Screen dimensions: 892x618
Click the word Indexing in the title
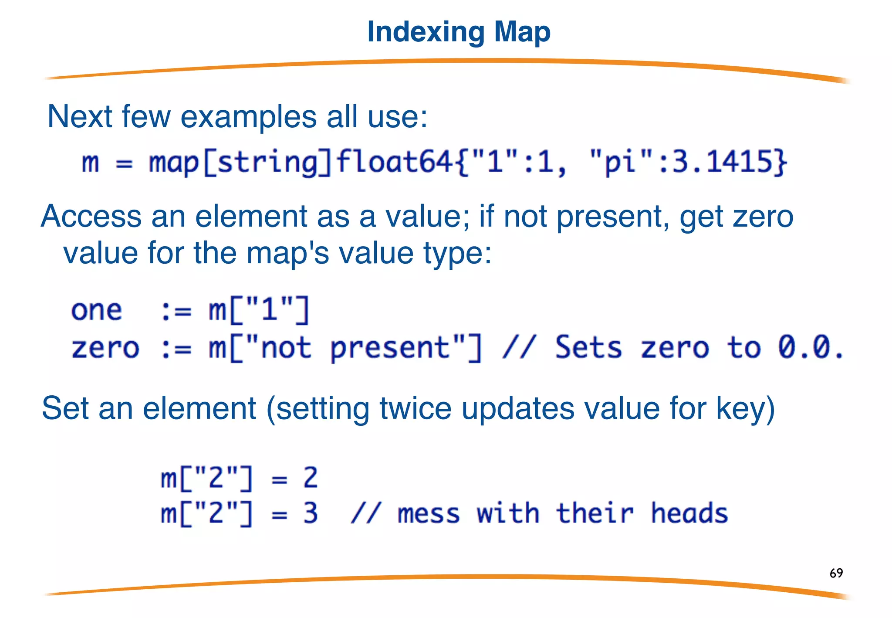tap(426, 33)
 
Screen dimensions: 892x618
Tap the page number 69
tap(836, 573)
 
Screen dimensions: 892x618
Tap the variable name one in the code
tap(97, 311)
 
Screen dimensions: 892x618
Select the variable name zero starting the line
tap(105, 348)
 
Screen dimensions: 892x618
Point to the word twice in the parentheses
tap(416, 408)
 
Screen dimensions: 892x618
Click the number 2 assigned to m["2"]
tap(310, 478)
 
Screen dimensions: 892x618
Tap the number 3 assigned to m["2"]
tap(310, 513)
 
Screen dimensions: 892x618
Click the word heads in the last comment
tap(689, 513)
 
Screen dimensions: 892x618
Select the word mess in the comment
tap(429, 514)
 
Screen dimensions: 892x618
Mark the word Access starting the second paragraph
tap(91, 217)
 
